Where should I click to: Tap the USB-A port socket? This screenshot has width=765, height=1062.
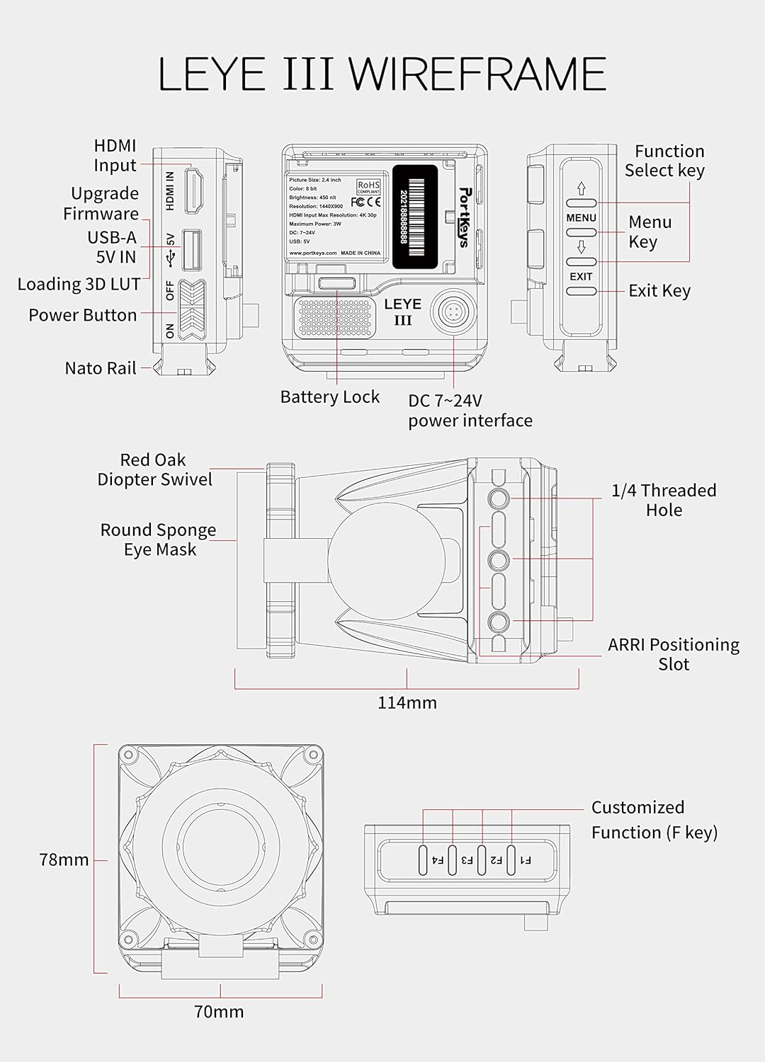coord(191,250)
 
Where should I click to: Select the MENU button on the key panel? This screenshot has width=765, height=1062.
coord(581,232)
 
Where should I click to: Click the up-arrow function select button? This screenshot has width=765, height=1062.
coord(581,203)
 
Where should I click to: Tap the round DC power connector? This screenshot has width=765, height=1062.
coord(453,310)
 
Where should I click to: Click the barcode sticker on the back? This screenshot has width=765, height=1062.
coord(415,217)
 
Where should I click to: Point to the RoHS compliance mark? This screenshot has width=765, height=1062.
coord(368,187)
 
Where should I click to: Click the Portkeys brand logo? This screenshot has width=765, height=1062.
coord(464,217)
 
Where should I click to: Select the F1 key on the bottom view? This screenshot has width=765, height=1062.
coord(511,860)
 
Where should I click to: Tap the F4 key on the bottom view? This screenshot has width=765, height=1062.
coord(423,860)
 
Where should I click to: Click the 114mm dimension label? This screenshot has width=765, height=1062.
coord(407,702)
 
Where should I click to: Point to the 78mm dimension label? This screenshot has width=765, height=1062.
coord(64,860)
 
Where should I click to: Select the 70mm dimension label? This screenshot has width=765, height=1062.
coord(219,1012)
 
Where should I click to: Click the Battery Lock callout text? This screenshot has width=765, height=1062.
coord(330,396)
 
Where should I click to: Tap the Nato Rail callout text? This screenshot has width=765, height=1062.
coord(100,368)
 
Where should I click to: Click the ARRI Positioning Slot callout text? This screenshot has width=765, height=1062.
coord(673,654)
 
